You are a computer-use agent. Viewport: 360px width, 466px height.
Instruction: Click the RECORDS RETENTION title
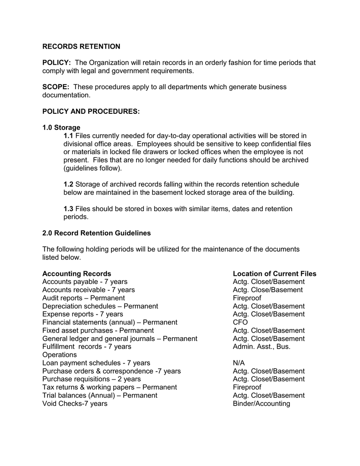[81, 46]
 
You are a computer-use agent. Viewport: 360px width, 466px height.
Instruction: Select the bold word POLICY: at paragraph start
[56, 62]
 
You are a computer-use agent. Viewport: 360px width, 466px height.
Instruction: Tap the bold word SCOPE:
[56, 87]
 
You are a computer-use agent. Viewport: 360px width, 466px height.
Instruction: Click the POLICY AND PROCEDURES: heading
[91, 111]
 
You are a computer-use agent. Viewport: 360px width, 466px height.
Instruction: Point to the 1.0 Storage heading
[61, 127]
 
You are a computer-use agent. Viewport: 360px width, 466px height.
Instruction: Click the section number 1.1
[68, 136]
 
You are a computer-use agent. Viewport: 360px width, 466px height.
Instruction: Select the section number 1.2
[68, 184]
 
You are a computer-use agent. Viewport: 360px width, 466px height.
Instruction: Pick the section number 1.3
[68, 209]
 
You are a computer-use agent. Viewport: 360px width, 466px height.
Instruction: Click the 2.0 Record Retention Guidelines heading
[96, 233]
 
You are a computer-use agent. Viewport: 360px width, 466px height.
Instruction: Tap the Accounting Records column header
[76, 274]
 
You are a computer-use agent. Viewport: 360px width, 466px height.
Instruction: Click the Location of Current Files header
[274, 274]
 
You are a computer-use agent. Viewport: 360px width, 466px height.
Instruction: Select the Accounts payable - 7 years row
[85, 282]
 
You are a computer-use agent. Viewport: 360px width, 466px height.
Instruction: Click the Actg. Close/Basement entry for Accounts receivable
[268, 290]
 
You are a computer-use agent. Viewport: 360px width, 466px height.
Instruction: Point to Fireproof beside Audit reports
[247, 298]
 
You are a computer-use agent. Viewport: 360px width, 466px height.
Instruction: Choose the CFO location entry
[240, 322]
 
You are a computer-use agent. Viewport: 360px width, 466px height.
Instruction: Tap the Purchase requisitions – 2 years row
[91, 379]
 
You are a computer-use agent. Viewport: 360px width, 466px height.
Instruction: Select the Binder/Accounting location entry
[261, 404]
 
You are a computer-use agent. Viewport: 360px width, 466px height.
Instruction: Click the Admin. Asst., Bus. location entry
[261, 347]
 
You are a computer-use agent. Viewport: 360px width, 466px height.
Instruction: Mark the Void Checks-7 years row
[75, 404]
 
